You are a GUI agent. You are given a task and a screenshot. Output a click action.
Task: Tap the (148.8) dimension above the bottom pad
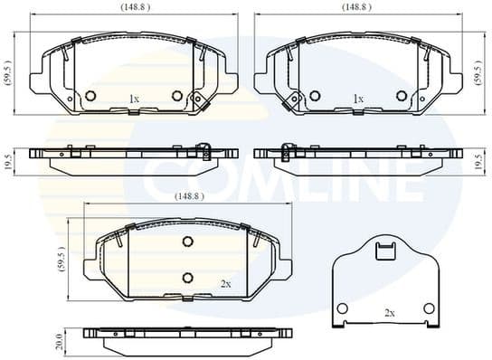[188, 195]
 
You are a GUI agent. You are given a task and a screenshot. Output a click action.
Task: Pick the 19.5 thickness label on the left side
[8, 160]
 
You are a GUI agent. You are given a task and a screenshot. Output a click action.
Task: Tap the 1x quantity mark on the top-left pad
[135, 99]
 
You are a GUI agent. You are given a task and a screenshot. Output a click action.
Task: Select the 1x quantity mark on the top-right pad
[358, 99]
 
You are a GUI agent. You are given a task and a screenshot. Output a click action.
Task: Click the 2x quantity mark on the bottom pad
[225, 283]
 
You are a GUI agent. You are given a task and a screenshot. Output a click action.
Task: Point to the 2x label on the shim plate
[389, 313]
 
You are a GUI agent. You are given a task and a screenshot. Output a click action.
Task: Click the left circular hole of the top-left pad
[90, 96]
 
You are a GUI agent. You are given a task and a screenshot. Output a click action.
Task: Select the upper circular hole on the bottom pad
[188, 242]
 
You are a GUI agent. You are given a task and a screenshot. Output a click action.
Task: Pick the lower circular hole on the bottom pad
[188, 277]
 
